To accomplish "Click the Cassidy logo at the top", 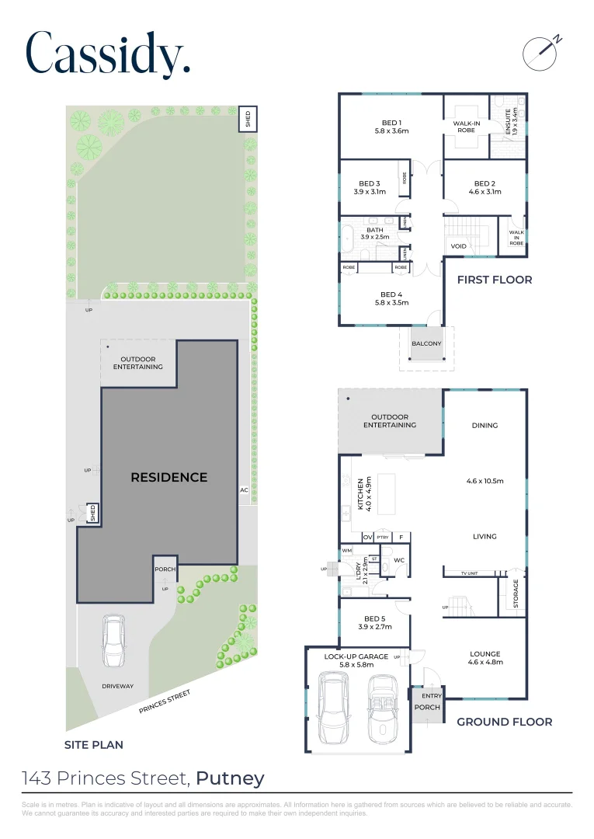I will tap(107, 54).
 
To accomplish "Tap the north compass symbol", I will tap(541, 51).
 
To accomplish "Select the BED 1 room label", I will tap(391, 127).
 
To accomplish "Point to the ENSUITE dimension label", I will tap(509, 123).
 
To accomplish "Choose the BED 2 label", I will tap(485, 187).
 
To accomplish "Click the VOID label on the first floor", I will tap(458, 246).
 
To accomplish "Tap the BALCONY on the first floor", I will tap(426, 343).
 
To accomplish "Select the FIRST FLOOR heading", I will tap(494, 280).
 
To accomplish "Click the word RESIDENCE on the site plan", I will tap(168, 477).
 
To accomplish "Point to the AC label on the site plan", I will tap(244, 490).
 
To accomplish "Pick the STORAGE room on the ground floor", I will tap(514, 594).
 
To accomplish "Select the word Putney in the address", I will tap(230, 778).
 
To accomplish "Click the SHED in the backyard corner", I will tap(248, 119).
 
